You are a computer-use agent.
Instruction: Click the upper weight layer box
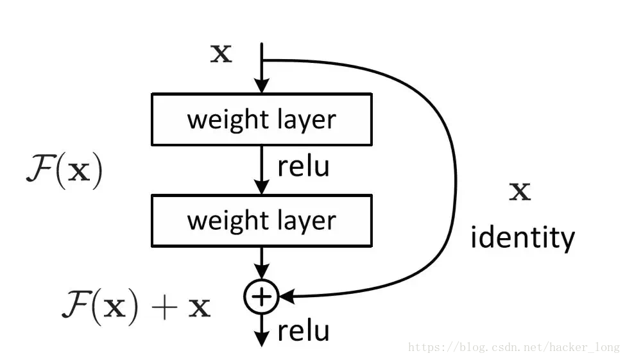pos(261,119)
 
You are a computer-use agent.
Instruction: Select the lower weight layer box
pos(261,220)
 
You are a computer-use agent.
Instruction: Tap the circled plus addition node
pos(261,296)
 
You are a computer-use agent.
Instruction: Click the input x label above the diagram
pos(221,54)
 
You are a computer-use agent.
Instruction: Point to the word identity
pos(522,238)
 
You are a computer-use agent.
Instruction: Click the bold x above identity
pos(520,192)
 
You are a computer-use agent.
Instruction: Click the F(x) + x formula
pos(135,307)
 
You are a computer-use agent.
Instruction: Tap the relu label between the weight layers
pos(303,166)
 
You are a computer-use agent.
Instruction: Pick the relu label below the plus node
pos(303,331)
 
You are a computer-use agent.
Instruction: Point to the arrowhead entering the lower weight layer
pos(261,188)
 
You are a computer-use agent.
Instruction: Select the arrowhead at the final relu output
pos(261,339)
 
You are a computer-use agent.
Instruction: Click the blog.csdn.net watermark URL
pos(514,347)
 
